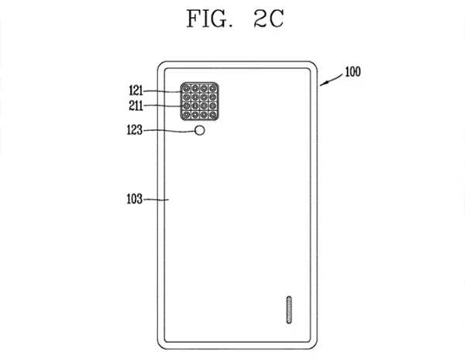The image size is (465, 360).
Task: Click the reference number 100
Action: pyautogui.click(x=353, y=72)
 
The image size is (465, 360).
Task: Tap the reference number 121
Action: pyautogui.click(x=136, y=91)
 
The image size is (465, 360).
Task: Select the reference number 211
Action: pyautogui.click(x=136, y=105)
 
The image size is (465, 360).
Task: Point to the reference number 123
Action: pyautogui.click(x=135, y=130)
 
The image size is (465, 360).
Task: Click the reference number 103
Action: pyautogui.click(x=135, y=199)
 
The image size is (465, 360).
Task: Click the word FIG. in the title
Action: pyautogui.click(x=209, y=19)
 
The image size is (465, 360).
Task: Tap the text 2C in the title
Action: pyautogui.click(x=269, y=19)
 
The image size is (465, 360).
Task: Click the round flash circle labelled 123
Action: pyautogui.click(x=200, y=130)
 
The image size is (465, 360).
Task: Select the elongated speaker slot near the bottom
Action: pyautogui.click(x=289, y=310)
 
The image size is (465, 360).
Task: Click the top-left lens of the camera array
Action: pyautogui.click(x=186, y=88)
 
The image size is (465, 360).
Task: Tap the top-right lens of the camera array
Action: pyautogui.click(x=212, y=88)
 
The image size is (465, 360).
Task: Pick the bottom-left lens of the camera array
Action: pyautogui.click(x=186, y=115)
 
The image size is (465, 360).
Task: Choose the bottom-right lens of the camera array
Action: pyautogui.click(x=212, y=115)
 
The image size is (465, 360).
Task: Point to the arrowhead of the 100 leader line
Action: pyautogui.click(x=322, y=84)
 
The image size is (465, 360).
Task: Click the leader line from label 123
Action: pyautogui.click(x=169, y=131)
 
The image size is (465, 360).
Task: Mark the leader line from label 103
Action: pyautogui.click(x=156, y=200)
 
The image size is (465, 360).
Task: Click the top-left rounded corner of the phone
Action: pyautogui.click(x=160, y=64)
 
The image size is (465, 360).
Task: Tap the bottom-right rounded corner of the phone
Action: pyautogui.click(x=315, y=346)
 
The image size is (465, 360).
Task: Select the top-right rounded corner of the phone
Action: pyautogui.click(x=315, y=64)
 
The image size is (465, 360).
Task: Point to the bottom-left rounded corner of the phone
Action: pyautogui.click(x=160, y=346)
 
